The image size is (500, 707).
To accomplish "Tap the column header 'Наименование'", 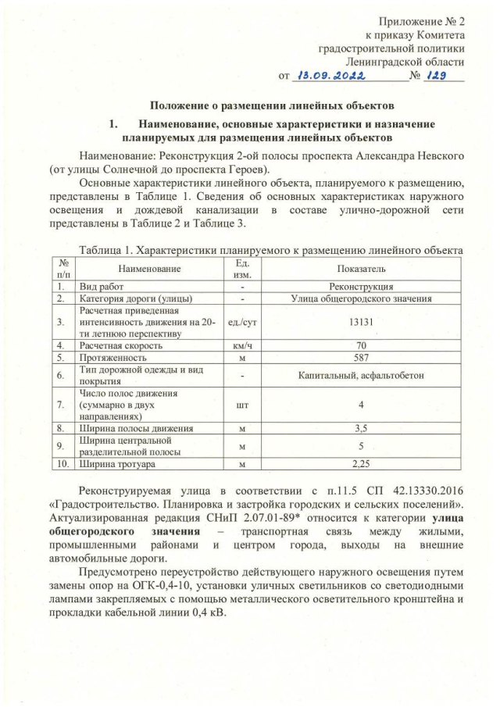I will tap(145, 268).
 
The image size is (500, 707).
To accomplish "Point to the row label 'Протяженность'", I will tap(112, 357).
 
